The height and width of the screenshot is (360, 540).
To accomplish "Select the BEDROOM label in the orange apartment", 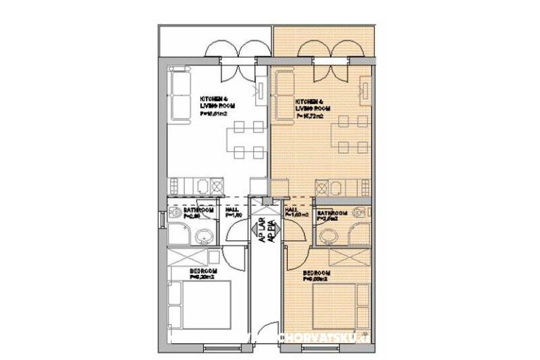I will coord(317,273).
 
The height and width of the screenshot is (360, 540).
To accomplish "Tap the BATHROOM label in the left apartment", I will coord(198,210).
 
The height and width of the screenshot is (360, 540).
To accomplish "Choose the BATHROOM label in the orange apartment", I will coord(332,213).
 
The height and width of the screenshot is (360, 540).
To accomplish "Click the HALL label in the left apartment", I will coord(231,210).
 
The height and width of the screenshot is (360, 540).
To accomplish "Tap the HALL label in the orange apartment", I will coord(290,210).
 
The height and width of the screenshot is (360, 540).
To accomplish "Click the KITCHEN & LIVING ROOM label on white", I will coord(214,101).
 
